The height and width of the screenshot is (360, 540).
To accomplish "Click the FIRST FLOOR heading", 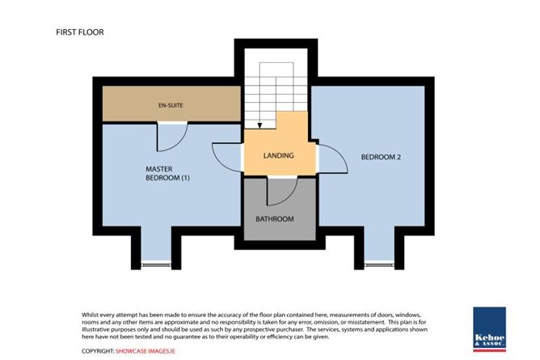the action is click(80, 32).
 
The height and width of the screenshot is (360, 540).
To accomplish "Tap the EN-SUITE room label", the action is click(171, 105).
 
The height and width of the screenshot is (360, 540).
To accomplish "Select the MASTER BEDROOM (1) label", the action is click(167, 173).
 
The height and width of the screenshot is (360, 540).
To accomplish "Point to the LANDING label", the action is click(279, 155).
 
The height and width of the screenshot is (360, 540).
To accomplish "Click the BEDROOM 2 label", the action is click(381, 157).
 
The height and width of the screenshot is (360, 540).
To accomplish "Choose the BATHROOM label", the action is click(275, 218).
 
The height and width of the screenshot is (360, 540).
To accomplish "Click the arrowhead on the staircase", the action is click(259, 125).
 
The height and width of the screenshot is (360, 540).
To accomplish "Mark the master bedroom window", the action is click(156, 265).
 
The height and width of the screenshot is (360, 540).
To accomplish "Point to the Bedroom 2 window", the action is click(379, 265).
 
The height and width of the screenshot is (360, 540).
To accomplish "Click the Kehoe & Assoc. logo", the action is click(489, 329).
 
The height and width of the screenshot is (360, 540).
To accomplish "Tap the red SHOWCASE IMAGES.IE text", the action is click(146, 351).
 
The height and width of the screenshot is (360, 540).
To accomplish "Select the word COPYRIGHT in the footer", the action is click(98, 351).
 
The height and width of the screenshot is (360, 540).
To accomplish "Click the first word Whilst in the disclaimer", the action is click(90, 315).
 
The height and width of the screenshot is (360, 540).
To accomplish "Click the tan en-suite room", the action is click(171, 104).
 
